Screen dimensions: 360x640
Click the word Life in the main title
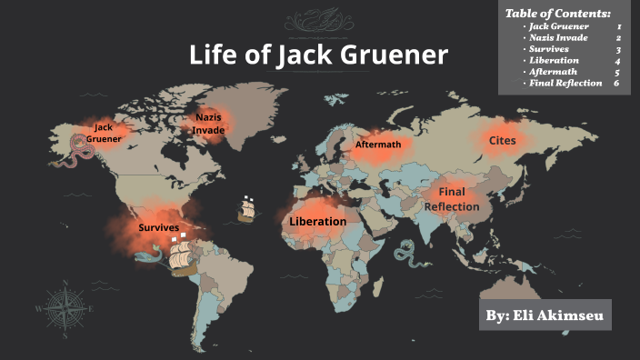(x=211, y=55)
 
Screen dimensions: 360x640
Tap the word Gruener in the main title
(x=399, y=55)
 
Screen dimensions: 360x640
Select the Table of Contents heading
(x=557, y=13)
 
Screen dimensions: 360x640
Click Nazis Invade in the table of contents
(x=557, y=38)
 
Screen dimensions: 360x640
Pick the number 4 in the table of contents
(x=617, y=60)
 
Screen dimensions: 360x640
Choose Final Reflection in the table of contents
(x=565, y=83)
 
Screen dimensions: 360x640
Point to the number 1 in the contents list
(x=618, y=27)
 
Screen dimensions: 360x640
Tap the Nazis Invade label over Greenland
(x=208, y=124)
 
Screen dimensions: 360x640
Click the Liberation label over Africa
(x=317, y=221)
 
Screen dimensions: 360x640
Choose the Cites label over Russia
(x=502, y=140)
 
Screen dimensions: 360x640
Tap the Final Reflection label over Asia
(x=452, y=199)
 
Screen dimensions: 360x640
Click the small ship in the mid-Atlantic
(x=246, y=209)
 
